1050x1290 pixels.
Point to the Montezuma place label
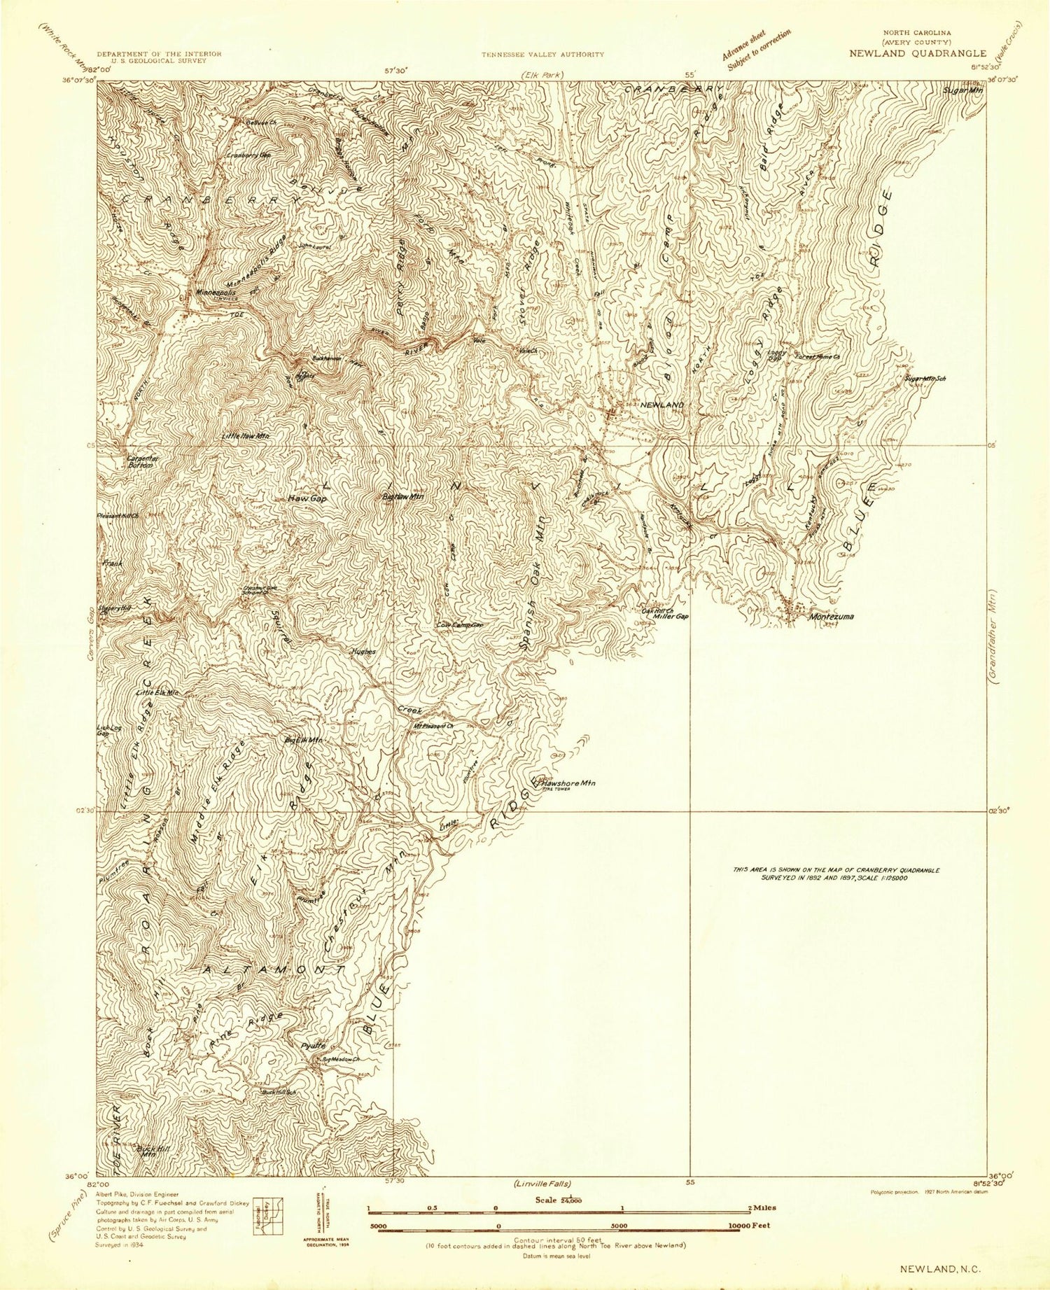(x=830, y=617)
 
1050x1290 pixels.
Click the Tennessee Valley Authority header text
(x=542, y=54)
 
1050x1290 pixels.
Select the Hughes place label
(x=363, y=651)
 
